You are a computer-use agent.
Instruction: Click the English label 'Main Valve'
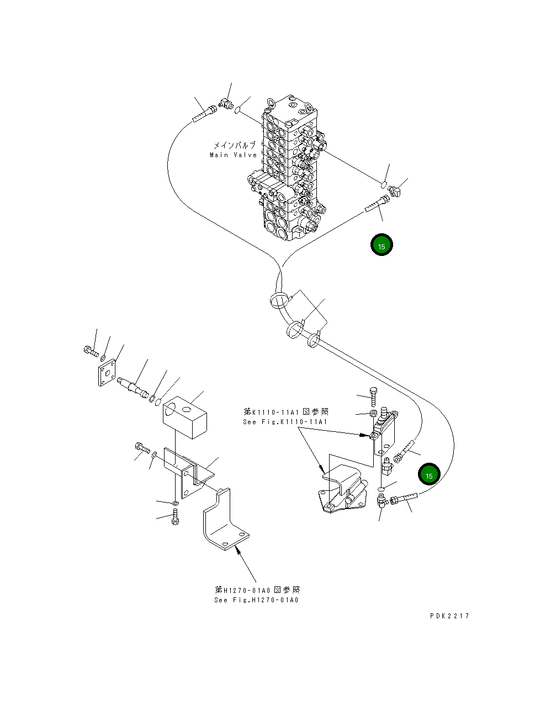tap(233, 155)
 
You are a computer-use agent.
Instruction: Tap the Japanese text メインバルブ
tap(235, 146)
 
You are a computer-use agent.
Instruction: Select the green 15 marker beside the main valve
tap(382, 245)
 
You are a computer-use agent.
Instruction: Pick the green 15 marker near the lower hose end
tap(429, 475)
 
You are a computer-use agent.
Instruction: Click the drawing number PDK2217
tap(449, 616)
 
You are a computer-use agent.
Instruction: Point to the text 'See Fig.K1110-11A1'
tap(285, 422)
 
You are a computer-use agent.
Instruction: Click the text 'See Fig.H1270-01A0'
tap(256, 600)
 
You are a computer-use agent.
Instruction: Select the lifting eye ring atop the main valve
tap(271, 103)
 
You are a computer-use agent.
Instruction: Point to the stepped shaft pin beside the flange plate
tap(134, 386)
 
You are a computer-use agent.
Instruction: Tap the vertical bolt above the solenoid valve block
tap(374, 395)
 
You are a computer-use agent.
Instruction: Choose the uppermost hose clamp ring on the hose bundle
tap(278, 301)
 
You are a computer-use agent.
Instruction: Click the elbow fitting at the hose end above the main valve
tap(226, 103)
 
